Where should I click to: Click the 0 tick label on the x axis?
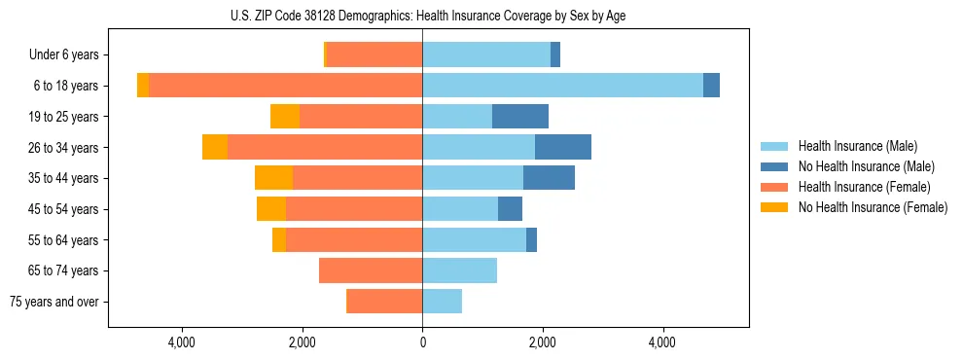click(x=422, y=342)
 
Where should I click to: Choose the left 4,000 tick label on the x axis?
click(x=182, y=342)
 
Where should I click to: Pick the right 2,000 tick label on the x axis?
click(x=542, y=342)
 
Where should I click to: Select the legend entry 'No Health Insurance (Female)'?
click(x=873, y=207)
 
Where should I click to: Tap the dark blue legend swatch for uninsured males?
click(x=775, y=166)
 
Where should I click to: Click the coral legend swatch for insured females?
click(x=775, y=187)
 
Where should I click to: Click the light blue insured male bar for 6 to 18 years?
click(x=562, y=86)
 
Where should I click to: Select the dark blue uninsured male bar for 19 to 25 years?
click(x=520, y=117)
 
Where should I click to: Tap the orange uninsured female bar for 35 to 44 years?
click(x=273, y=178)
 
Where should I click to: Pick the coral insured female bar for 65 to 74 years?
click(x=371, y=270)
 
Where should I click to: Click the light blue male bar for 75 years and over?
click(x=442, y=302)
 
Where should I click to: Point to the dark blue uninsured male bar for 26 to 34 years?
click(x=563, y=148)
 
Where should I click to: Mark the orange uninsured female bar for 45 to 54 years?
click(x=271, y=209)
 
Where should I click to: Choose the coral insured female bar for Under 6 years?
click(x=374, y=55)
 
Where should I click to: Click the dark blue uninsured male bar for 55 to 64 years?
click(x=531, y=240)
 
